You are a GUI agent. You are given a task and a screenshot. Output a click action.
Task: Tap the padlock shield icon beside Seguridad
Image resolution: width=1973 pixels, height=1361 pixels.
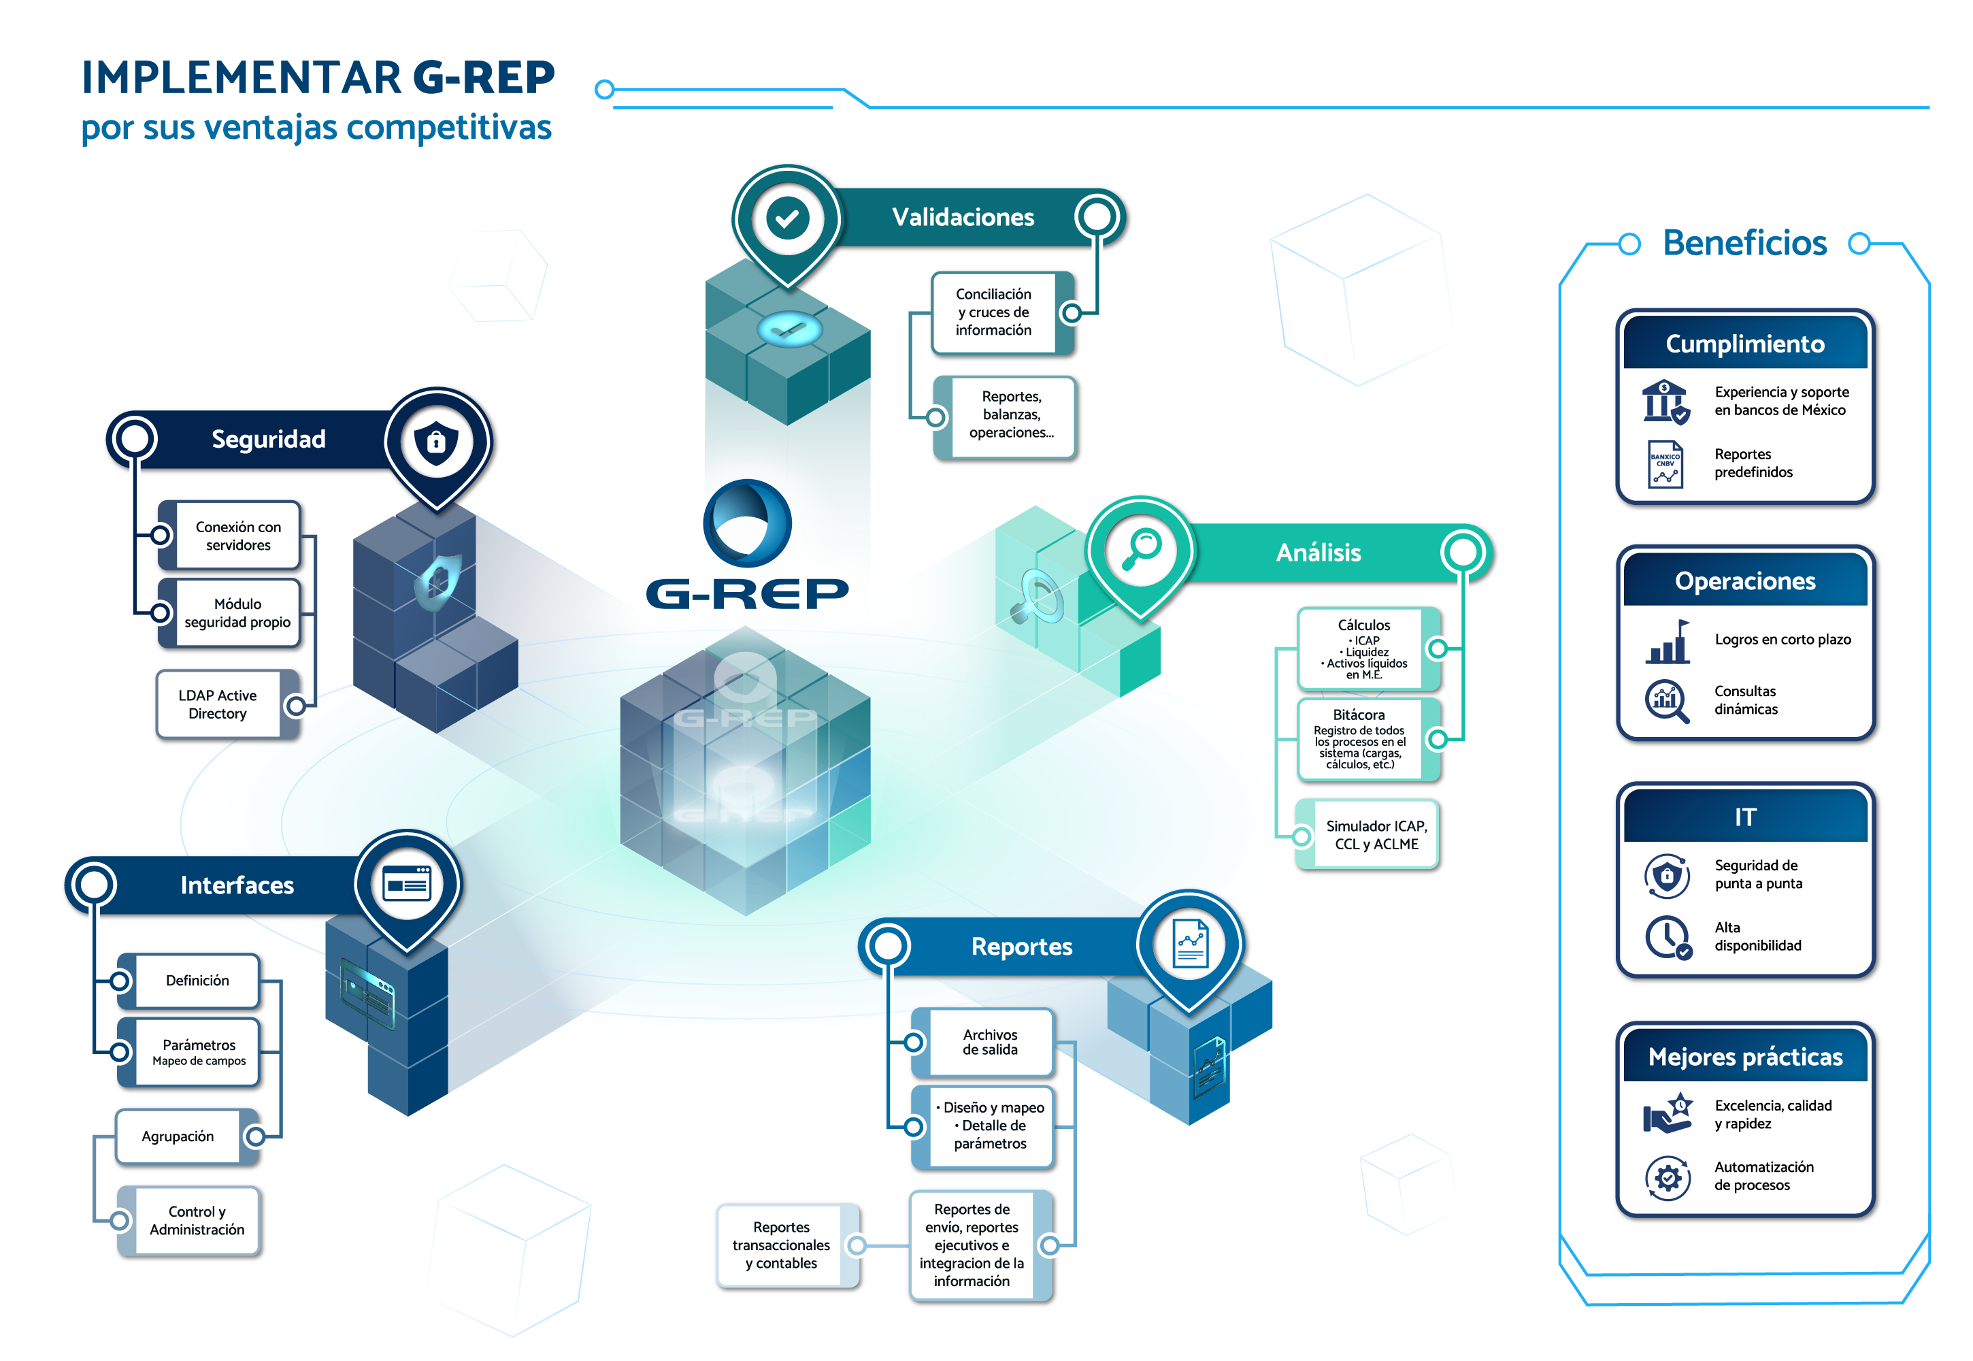coord(435,442)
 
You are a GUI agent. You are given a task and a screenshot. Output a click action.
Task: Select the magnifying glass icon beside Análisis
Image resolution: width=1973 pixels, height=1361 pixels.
coord(1140,549)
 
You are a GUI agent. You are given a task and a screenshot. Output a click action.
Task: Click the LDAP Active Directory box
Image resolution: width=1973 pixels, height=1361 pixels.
coord(218,704)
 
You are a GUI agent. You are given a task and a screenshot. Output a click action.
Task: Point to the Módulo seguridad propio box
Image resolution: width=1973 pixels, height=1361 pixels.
coord(237,613)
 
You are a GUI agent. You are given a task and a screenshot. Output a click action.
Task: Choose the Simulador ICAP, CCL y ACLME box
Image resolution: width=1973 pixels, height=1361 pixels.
coord(1375,835)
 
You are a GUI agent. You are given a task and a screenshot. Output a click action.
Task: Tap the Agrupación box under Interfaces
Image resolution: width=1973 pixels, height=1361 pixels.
coord(178,1136)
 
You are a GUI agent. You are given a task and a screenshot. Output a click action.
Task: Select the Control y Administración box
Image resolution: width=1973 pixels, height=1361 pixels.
coord(197,1220)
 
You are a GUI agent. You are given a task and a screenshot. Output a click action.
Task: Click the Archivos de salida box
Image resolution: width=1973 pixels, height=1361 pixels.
coord(989,1042)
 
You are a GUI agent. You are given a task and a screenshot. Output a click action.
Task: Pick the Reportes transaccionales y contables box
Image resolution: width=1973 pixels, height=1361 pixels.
coord(781,1245)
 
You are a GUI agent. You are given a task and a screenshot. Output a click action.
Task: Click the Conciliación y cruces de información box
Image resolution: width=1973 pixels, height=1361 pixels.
coord(993,312)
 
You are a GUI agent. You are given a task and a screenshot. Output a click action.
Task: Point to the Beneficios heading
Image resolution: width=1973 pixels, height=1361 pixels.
coord(1744,243)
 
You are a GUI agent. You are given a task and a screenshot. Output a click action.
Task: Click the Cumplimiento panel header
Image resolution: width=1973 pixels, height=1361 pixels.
coord(1744,344)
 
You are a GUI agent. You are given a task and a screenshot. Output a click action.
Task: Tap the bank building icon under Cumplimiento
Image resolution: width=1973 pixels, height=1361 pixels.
coord(1664,401)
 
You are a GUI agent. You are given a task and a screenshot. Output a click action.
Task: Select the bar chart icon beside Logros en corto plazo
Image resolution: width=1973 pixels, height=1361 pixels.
coord(1667,642)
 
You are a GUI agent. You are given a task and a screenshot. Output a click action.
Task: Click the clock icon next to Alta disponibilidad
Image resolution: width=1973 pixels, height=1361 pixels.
coord(1667,937)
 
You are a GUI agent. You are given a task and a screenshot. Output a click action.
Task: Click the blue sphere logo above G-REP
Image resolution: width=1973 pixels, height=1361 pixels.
coord(747,523)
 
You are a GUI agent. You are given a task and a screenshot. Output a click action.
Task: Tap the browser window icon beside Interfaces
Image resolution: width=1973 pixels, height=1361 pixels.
coord(407,883)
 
